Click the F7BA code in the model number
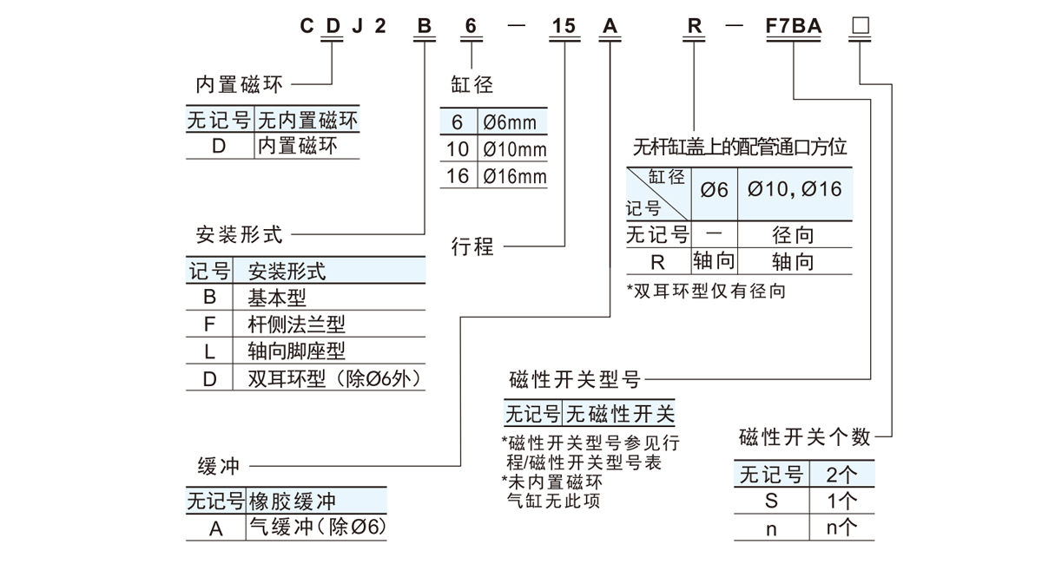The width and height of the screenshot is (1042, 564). (x=793, y=26)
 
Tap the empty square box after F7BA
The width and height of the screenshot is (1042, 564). (x=861, y=26)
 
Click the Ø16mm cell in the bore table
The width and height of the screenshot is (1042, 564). (x=515, y=177)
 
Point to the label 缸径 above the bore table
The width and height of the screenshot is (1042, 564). (x=472, y=84)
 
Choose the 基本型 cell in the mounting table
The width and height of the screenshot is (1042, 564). (x=277, y=298)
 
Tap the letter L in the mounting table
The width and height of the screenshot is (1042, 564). (x=209, y=351)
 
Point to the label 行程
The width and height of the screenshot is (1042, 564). (x=472, y=246)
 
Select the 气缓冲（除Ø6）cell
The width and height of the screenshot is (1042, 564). (x=317, y=527)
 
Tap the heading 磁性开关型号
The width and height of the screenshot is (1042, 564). (x=575, y=379)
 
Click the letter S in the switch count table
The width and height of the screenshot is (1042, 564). (x=771, y=501)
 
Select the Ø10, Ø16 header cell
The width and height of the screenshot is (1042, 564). (x=795, y=188)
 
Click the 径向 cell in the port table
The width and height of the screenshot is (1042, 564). (x=794, y=235)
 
